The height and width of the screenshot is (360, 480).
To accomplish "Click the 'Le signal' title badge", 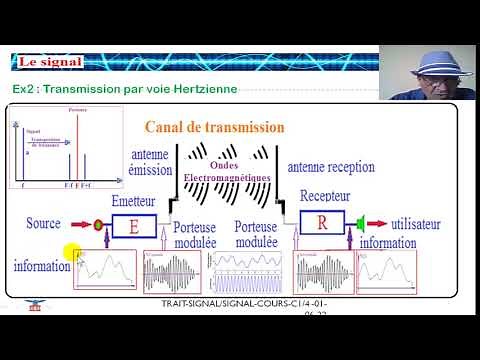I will pos(49,62).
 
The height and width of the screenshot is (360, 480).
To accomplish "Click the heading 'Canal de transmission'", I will pos(214,127).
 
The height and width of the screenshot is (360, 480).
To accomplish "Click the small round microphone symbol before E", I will pos(98,224).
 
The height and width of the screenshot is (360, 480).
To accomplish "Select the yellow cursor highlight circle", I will pos(71,255).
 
